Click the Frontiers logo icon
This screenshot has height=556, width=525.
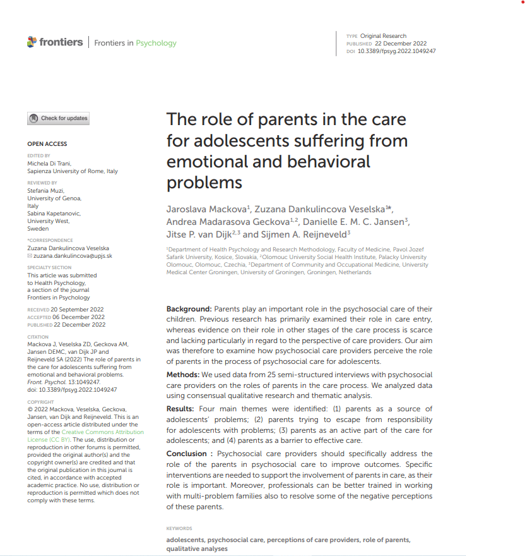click(x=32, y=42)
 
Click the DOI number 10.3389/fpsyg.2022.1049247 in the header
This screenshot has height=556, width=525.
click(x=396, y=51)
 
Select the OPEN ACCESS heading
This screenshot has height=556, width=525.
click(x=47, y=144)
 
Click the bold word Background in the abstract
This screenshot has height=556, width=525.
click(x=189, y=309)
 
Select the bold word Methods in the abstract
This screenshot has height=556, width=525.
click(x=183, y=375)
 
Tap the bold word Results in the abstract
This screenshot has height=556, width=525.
click(x=180, y=409)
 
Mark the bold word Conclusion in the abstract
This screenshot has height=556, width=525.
click(x=187, y=454)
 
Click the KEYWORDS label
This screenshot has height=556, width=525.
click(x=179, y=528)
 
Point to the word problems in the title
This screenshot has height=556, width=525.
click(x=204, y=183)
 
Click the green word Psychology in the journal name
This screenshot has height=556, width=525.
click(x=156, y=43)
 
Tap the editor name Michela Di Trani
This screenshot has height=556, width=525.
click(x=57, y=164)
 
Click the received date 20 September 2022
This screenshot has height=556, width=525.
click(x=78, y=310)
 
